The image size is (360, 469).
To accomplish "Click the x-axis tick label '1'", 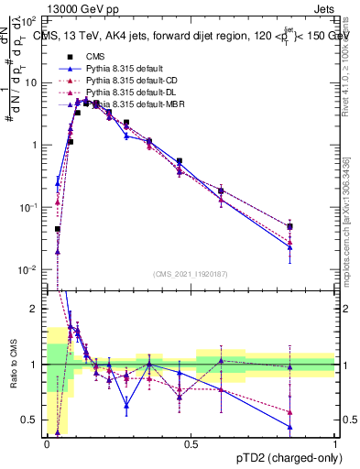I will point(334,443).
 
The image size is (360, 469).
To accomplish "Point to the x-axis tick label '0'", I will point(46,443).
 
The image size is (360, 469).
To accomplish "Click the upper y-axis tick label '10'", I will point(29,82).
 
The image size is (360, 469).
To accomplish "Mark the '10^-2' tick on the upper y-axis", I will point(29,270).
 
